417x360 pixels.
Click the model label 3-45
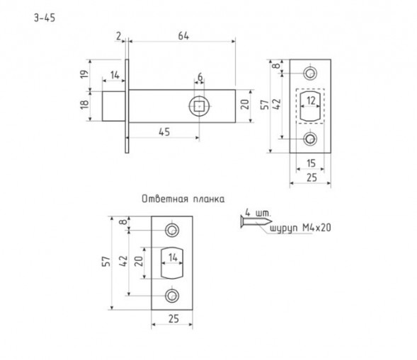pos(45,18)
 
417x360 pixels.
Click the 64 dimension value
pos(183,36)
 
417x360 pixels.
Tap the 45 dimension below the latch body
pos(164,132)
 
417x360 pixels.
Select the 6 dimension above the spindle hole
pos(200,77)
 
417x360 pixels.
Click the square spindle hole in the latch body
pos(199,107)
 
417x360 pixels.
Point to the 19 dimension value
pos(84,74)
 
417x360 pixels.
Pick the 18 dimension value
pos(84,105)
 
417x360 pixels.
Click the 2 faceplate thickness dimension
pos(118,36)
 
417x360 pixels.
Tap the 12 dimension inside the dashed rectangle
pos(311,100)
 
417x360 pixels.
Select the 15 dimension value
pos(311,163)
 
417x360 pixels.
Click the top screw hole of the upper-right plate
pos(310,73)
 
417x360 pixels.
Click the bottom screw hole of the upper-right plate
pos(310,139)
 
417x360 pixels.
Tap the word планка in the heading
pos(209,199)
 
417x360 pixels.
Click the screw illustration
pos(256,221)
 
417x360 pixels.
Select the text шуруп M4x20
pos(300,228)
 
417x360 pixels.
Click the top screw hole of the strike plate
pos(172,230)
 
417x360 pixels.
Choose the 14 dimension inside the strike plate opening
pos(173,257)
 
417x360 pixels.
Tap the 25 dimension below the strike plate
pos(173,319)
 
